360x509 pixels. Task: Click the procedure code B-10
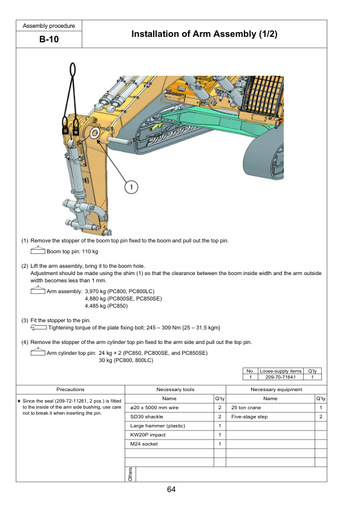[x=49, y=39]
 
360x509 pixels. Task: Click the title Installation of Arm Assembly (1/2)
[x=204, y=34]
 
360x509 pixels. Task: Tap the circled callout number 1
[x=131, y=187]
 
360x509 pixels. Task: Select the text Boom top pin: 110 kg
[x=72, y=251]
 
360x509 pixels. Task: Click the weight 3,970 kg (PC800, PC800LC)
[x=120, y=291]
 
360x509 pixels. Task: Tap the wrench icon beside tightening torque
[x=39, y=328]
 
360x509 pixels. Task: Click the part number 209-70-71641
[x=280, y=377]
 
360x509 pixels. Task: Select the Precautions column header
[x=70, y=389]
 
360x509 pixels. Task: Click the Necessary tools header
[x=175, y=389]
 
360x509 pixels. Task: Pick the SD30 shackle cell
[x=146, y=417]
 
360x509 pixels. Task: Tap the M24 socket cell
[x=143, y=444]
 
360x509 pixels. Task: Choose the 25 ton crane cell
[x=246, y=407]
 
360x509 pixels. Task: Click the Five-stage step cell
[x=249, y=417]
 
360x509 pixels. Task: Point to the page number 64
[x=171, y=490]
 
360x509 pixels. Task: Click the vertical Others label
[x=130, y=475]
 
